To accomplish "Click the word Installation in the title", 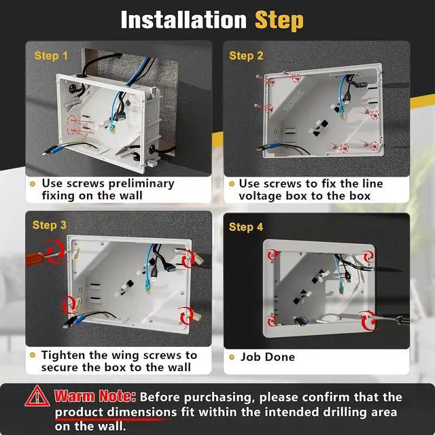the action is point(184,20).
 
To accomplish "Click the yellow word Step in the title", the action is point(279,20).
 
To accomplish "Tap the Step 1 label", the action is point(51,56).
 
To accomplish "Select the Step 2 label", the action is point(246,56).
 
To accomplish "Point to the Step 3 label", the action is point(50,225).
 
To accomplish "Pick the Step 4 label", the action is point(246,227).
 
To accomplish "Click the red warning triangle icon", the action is point(37,396).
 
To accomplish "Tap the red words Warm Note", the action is point(95,396).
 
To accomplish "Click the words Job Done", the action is point(267,357).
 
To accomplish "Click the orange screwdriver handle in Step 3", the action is point(34,258).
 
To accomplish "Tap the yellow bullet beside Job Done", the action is point(232,357).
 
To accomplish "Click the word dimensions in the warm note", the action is point(142,412).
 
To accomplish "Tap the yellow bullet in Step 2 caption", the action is point(232,184).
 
